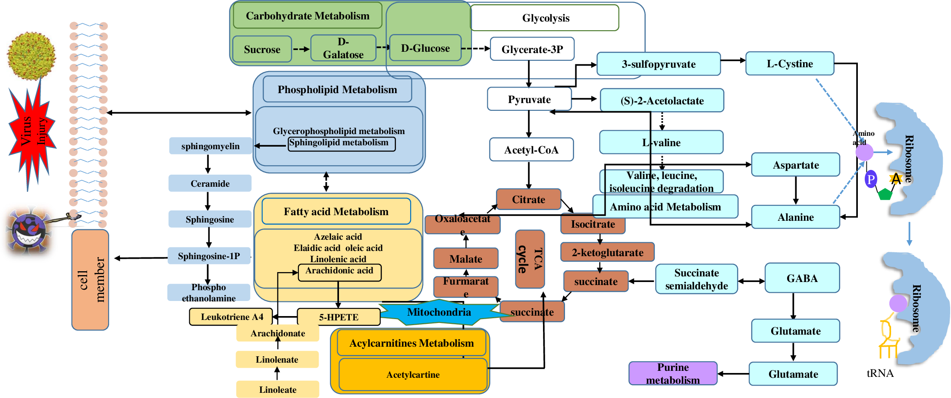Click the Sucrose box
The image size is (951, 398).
262,49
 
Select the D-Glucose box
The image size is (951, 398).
425,48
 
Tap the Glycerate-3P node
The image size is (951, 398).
532,49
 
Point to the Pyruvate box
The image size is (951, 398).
529,99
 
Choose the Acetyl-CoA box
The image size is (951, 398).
531,150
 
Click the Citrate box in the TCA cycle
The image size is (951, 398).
528,199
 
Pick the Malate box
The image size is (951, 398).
466,259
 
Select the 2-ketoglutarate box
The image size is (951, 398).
607,252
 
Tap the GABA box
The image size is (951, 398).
802,278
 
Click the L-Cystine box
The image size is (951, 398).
789,64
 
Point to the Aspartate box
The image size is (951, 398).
795,165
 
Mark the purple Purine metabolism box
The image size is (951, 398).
673,373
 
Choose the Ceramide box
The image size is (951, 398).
210,183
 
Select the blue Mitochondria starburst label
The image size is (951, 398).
439,312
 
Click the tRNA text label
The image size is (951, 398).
880,373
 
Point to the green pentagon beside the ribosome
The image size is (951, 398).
885,194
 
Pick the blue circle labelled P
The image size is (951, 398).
871,179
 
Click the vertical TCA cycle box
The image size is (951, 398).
530,259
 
